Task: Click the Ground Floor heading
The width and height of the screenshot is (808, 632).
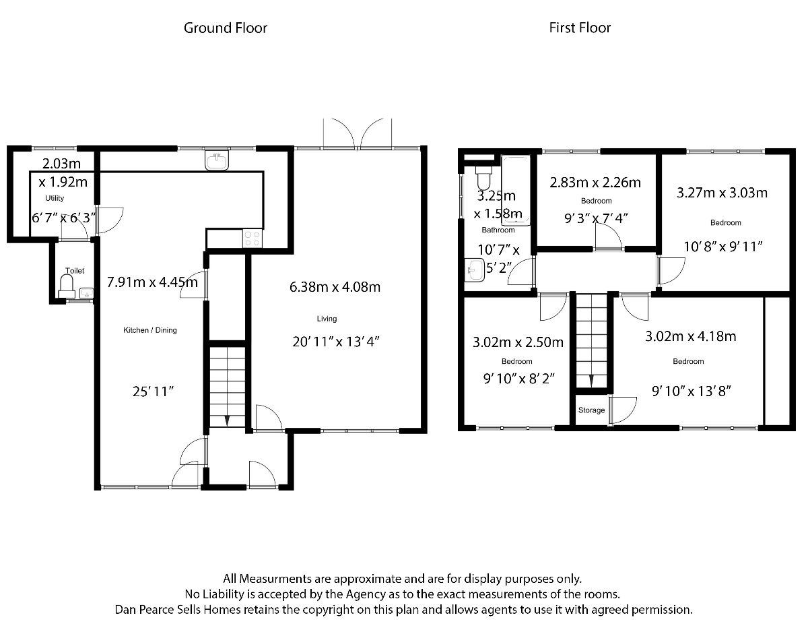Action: pyautogui.click(x=226, y=28)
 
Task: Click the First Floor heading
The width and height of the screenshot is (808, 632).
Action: pyautogui.click(x=580, y=28)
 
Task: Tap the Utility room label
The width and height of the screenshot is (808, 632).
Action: pyautogui.click(x=55, y=198)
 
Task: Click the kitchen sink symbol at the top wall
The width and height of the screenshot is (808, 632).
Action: pyautogui.click(x=217, y=162)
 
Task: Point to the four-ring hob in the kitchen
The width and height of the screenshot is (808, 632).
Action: pyautogui.click(x=252, y=239)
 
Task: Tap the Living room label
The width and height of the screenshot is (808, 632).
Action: pyautogui.click(x=327, y=319)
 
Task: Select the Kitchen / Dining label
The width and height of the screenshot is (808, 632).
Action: pyautogui.click(x=149, y=330)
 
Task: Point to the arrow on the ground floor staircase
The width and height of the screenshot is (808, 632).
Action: pyautogui.click(x=227, y=420)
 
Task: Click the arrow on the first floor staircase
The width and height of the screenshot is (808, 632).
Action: pyautogui.click(x=591, y=381)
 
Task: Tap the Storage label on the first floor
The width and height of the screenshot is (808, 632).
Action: pyautogui.click(x=591, y=410)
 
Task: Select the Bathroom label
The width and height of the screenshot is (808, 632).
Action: pyautogui.click(x=498, y=230)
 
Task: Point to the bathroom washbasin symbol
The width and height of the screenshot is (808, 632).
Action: pyautogui.click(x=475, y=271)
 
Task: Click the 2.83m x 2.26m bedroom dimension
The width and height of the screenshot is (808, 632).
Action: pyautogui.click(x=595, y=183)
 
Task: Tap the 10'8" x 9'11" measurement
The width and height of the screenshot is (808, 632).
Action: pyautogui.click(x=722, y=247)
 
